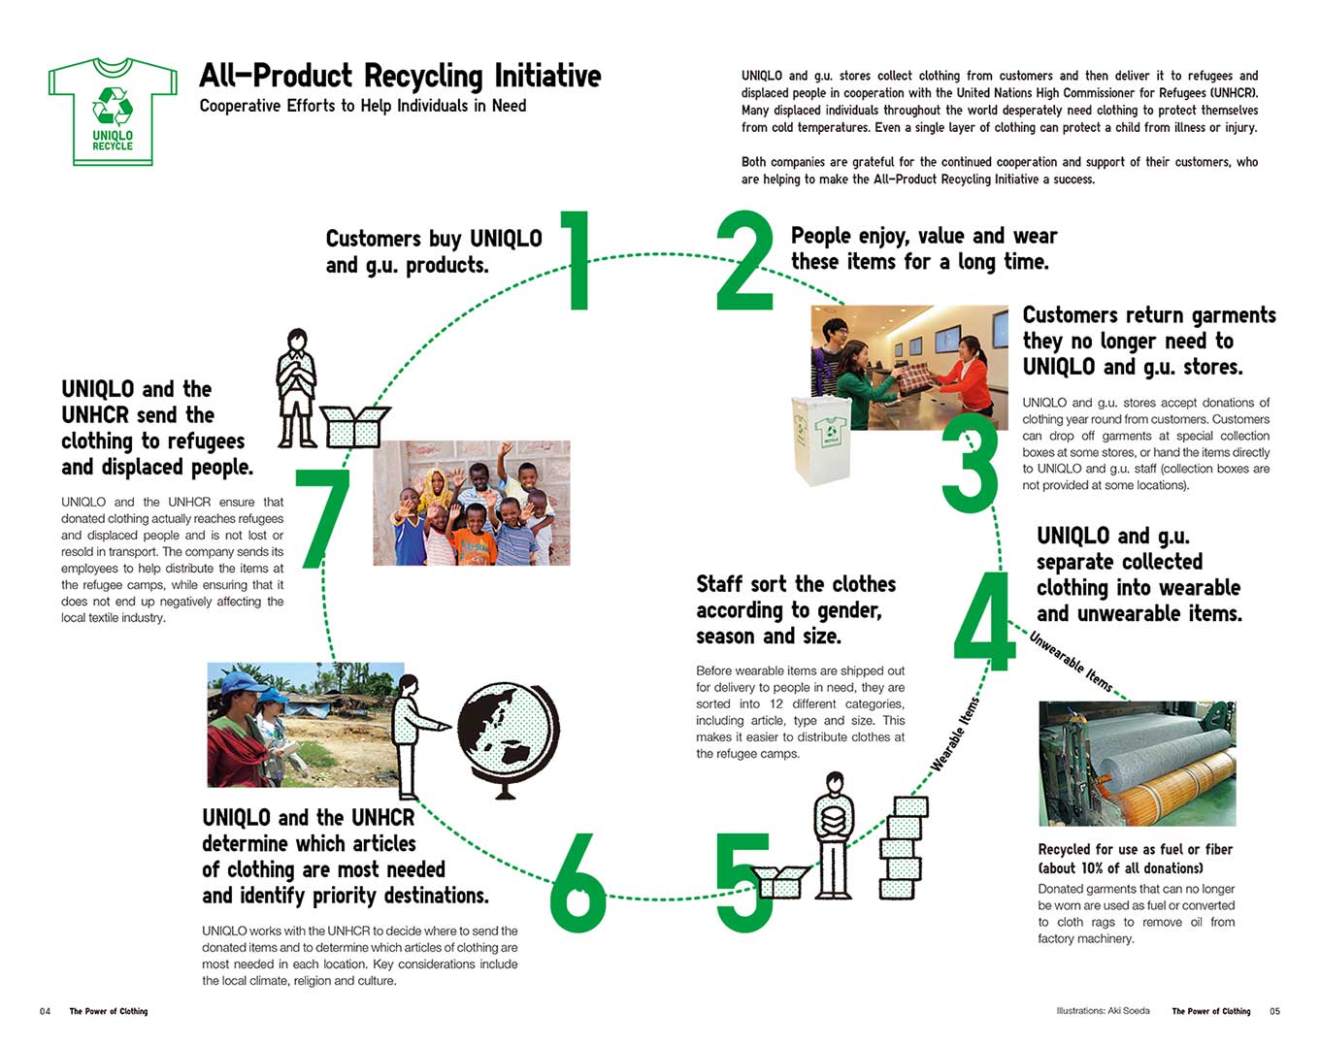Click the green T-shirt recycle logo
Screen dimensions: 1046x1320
click(112, 112)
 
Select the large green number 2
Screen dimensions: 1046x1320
click(743, 262)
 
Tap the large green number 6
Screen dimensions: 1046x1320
click(577, 877)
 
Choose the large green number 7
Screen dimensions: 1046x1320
click(322, 518)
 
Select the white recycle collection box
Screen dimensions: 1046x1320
click(821, 439)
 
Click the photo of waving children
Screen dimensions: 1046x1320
click(471, 503)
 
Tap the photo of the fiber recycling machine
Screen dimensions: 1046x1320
click(1137, 764)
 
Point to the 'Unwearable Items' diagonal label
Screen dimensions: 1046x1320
click(1071, 662)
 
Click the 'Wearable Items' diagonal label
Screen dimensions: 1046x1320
click(955, 735)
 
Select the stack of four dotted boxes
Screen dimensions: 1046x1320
click(903, 846)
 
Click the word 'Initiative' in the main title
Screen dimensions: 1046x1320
click(547, 76)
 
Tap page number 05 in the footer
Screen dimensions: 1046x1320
click(1274, 1011)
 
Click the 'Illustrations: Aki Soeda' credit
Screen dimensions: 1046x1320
click(1103, 1011)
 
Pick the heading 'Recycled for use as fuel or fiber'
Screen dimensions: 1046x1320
click(1135, 849)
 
